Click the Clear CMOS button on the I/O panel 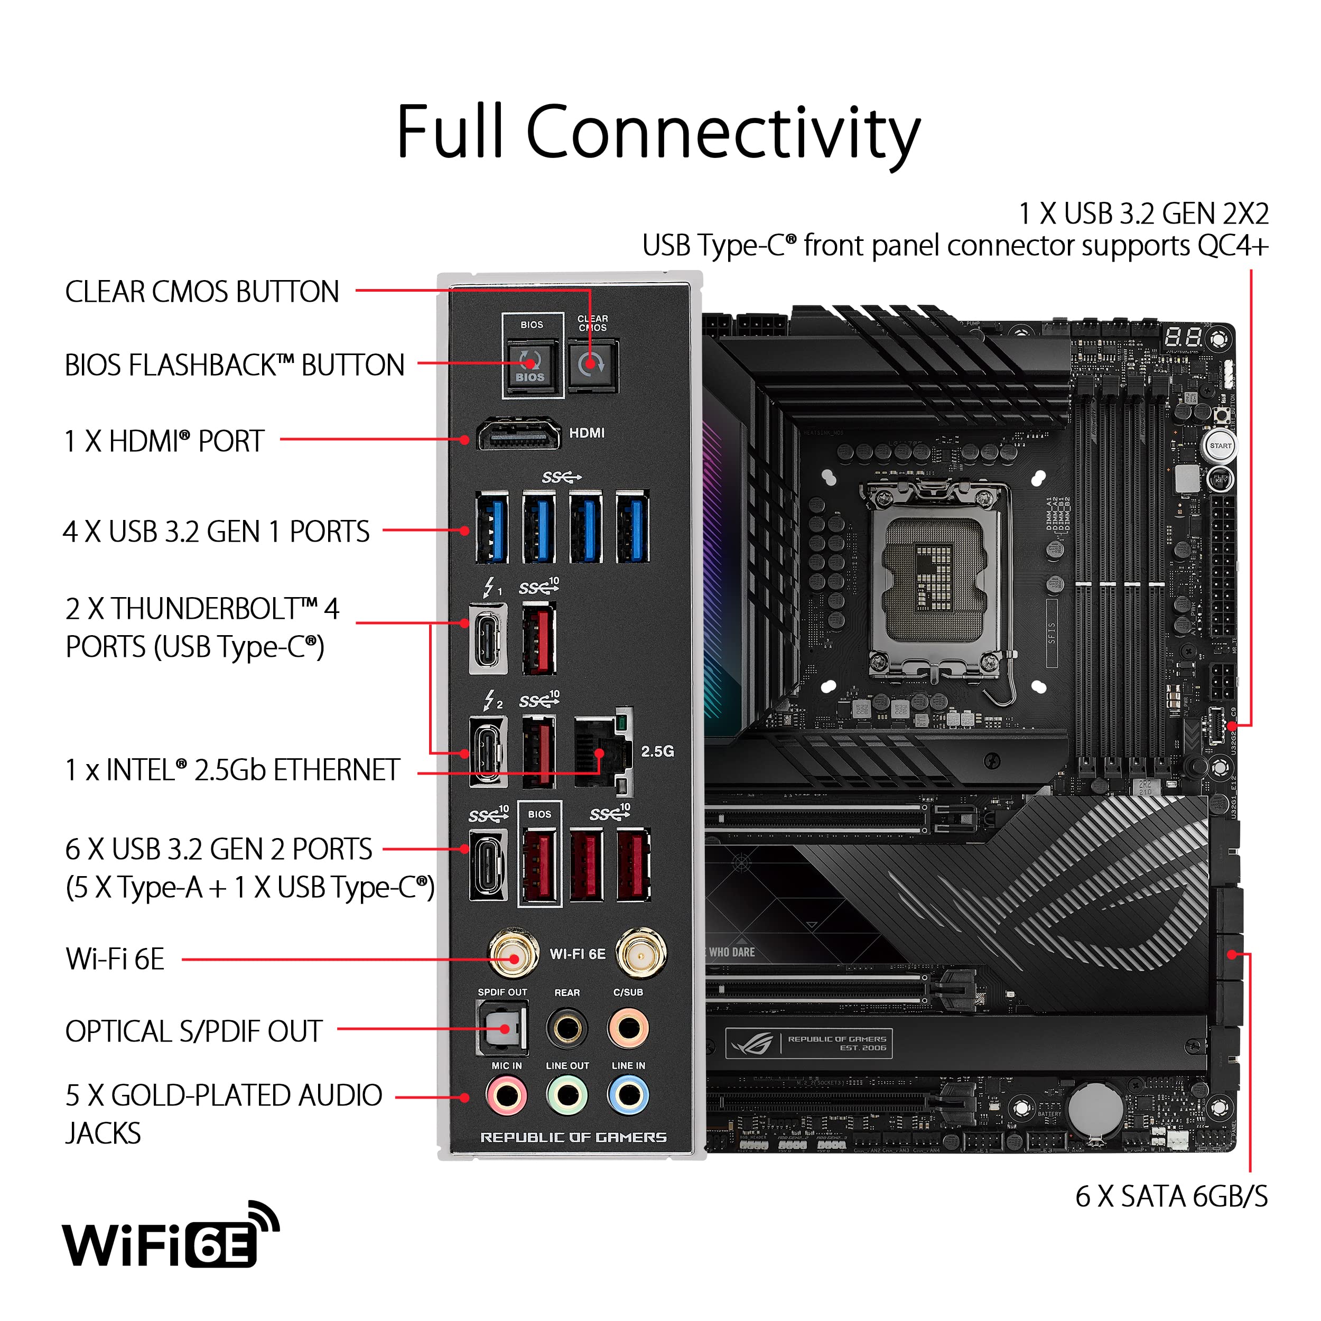(x=592, y=365)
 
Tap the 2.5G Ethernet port (x=602, y=751)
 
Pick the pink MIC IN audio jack (x=506, y=1095)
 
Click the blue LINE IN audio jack (x=628, y=1095)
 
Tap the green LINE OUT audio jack (x=567, y=1095)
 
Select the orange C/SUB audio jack (x=628, y=1028)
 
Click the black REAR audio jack (x=567, y=1028)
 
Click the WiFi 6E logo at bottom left (x=171, y=1239)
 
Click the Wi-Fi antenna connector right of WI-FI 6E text (x=640, y=953)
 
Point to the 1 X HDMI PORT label (x=164, y=441)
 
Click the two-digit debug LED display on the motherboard (x=1184, y=337)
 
